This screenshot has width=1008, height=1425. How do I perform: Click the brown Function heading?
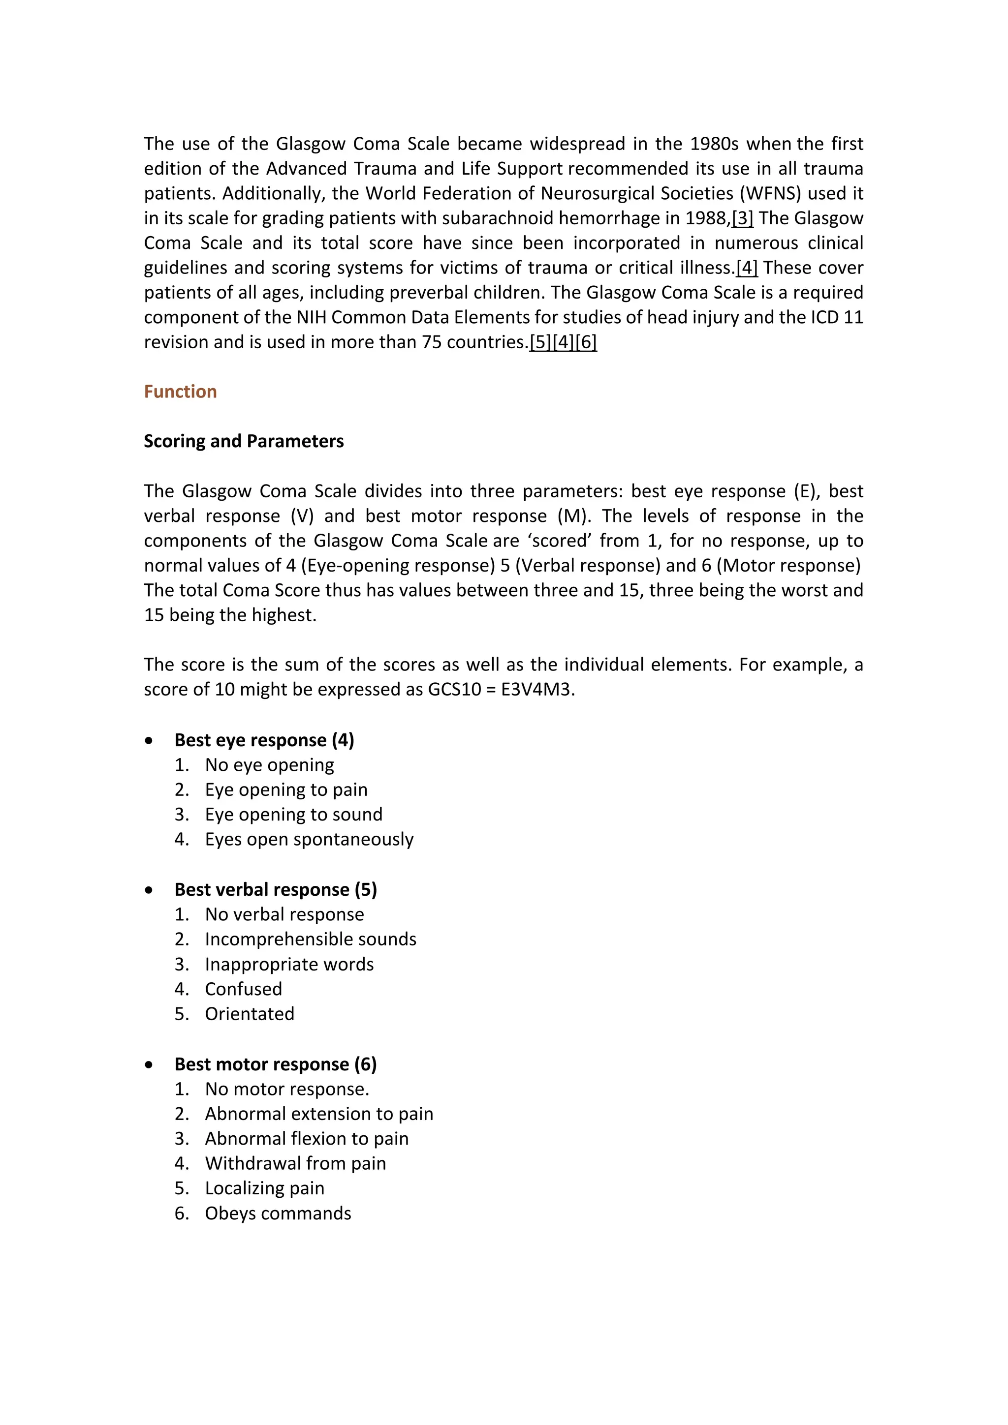click(180, 392)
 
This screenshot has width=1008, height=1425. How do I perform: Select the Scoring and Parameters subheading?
click(244, 441)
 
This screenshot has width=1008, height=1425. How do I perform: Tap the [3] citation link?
click(743, 218)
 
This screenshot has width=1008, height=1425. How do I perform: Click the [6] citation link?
click(586, 342)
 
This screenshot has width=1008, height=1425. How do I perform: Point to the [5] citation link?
click(540, 342)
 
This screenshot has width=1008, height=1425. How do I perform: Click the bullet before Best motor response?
click(149, 1065)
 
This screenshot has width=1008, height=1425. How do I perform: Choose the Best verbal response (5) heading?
click(275, 889)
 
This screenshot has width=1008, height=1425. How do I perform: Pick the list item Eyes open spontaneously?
click(309, 839)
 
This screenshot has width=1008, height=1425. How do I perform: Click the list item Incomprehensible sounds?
click(310, 939)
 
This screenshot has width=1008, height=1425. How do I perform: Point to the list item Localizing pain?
click(265, 1188)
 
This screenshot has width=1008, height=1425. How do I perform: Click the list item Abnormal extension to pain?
click(318, 1114)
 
